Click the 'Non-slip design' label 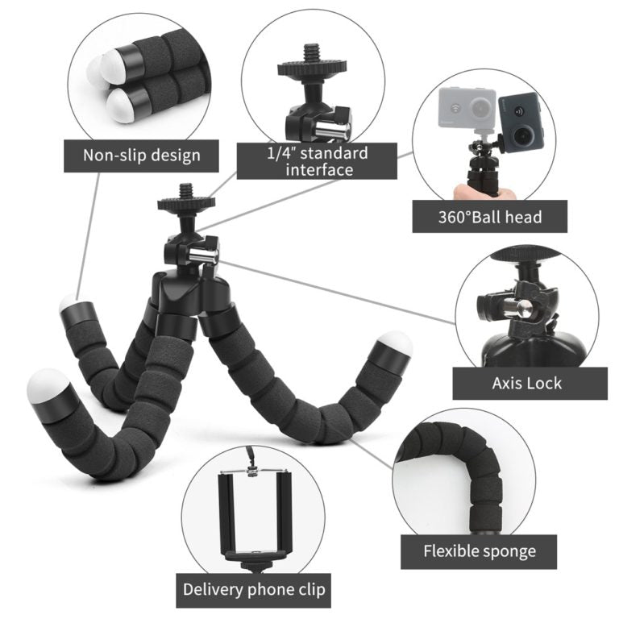pos(142,154)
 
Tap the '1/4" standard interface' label pos(316,161)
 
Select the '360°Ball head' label pos(489,216)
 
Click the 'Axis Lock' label pos(527,383)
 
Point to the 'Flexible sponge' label pos(479,551)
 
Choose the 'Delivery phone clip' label pos(254,589)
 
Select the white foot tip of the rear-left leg pos(69,305)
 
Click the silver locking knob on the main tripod pos(203,254)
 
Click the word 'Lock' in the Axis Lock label pos(544,383)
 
